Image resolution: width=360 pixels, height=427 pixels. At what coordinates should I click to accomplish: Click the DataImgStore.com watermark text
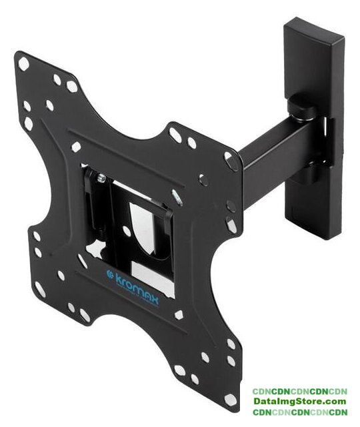[300, 401]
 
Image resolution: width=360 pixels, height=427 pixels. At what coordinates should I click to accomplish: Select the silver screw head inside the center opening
[102, 178]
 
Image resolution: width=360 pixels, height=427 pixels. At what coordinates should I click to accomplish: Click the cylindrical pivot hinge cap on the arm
[302, 107]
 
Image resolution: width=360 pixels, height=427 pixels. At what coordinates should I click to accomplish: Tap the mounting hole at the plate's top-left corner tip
[23, 64]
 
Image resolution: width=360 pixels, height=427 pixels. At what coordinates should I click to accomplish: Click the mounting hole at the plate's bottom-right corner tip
[230, 399]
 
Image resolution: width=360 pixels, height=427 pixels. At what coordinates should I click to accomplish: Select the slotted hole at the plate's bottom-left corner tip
[40, 289]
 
